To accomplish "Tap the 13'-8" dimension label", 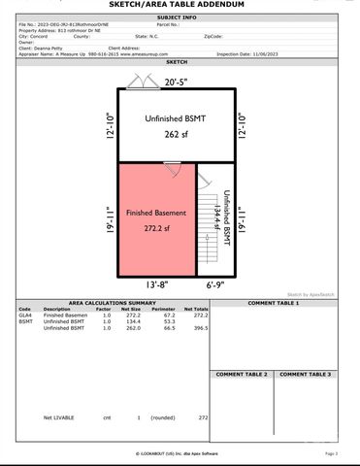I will click(x=159, y=284).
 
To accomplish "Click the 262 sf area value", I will click(x=174, y=134).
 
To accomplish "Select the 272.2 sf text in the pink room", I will click(x=154, y=229).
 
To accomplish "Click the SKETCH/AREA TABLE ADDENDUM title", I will click(x=179, y=5).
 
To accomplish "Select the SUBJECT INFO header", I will click(x=179, y=17).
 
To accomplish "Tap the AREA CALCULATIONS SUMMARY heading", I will click(x=108, y=303).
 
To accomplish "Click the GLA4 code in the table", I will click(x=25, y=316).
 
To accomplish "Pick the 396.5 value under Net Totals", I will click(x=201, y=328).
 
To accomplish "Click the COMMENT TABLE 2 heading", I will click(x=242, y=374).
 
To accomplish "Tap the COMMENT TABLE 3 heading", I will click(x=306, y=374).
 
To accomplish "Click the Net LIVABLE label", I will click(x=60, y=417).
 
